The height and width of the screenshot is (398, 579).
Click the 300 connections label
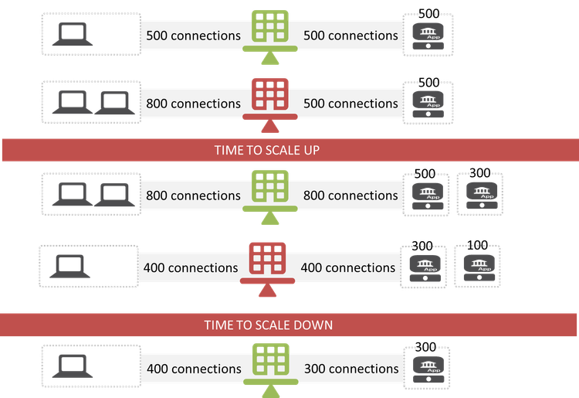pos(351,369)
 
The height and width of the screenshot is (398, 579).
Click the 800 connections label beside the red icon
pos(193,104)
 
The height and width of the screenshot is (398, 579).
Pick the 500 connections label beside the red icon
pos(351,104)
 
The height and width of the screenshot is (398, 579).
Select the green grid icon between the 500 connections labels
pos(270,28)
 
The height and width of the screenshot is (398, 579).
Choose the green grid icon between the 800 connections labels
pos(270,188)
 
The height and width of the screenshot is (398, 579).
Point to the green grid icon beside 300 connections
pos(270,361)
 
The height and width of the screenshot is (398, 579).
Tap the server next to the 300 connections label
pos(427,367)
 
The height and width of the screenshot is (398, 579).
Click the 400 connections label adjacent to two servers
pos(347,268)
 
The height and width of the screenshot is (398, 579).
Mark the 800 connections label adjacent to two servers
pos(351,196)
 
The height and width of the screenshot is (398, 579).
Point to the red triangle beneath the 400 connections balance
pos(268,291)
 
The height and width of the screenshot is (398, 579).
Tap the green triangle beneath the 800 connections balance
pos(270,219)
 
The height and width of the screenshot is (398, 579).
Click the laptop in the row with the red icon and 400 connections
pos(70,267)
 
